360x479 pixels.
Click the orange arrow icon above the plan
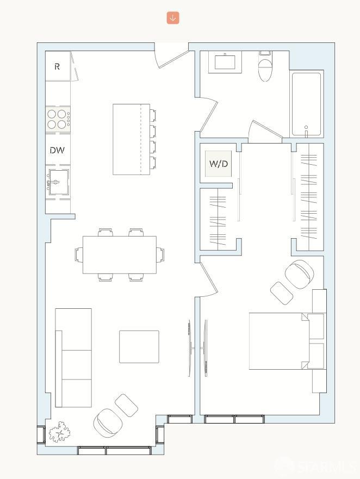tap(173, 18)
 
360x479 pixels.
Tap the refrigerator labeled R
tap(57, 67)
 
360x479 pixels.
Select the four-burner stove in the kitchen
tap(57, 119)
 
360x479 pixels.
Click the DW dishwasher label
tap(57, 151)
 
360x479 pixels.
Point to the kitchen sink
tap(58, 181)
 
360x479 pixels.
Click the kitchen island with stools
tap(131, 139)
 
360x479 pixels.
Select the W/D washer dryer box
tap(219, 164)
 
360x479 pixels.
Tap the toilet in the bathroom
tap(265, 67)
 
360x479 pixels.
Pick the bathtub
tap(307, 104)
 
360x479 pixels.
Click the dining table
tap(119, 254)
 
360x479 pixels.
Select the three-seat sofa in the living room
tap(73, 358)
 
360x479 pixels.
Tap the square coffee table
tap(139, 346)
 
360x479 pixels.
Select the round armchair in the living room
tap(108, 422)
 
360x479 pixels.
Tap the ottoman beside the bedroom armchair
tap(282, 293)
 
